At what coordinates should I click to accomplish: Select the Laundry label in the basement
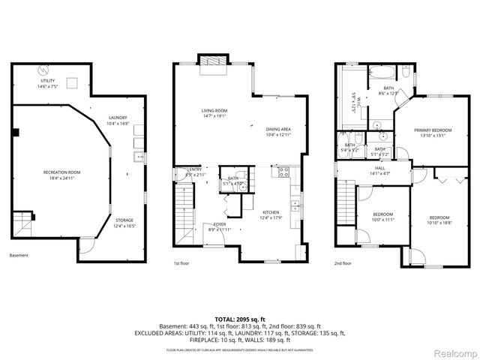pos(117,119)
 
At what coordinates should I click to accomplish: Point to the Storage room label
pos(124,223)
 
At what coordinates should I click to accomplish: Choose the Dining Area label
pos(278,132)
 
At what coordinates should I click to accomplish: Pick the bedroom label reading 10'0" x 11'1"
pos(383,217)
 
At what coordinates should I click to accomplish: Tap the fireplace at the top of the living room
pos(212,61)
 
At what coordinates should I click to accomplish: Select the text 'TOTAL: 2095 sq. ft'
pos(239,318)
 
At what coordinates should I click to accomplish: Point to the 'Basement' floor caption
pos(19,256)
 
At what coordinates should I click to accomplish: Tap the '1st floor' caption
pos(182,263)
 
